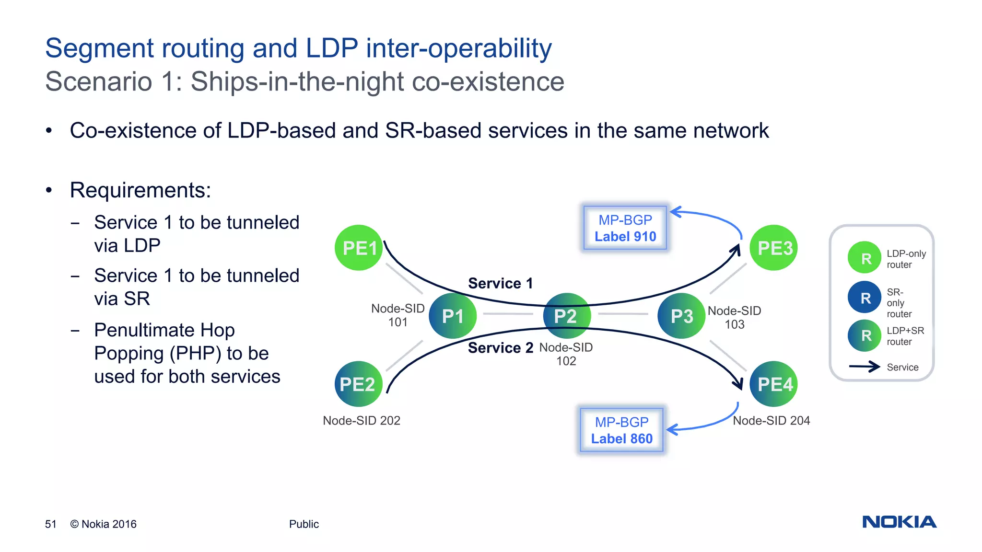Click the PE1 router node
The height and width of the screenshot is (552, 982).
pyautogui.click(x=359, y=248)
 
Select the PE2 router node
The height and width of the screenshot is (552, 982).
pyautogui.click(x=358, y=384)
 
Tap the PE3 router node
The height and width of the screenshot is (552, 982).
pyautogui.click(x=773, y=248)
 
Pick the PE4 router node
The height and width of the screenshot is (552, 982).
pyautogui.click(x=773, y=384)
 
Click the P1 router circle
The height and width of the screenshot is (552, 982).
pyautogui.click(x=453, y=316)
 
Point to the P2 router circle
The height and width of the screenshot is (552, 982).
pyautogui.click(x=566, y=316)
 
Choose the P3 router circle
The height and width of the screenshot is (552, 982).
pyautogui.click(x=681, y=316)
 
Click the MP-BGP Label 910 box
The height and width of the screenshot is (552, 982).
pyautogui.click(x=625, y=228)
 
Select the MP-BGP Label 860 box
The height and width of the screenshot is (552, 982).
pyautogui.click(x=621, y=430)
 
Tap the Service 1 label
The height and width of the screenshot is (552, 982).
pyautogui.click(x=500, y=283)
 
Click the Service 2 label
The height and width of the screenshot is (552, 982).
pyautogui.click(x=500, y=347)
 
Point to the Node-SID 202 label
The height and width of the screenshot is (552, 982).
pyautogui.click(x=362, y=420)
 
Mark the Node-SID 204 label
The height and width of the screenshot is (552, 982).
pyautogui.click(x=771, y=420)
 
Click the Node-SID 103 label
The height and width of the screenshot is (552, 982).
pyautogui.click(x=734, y=317)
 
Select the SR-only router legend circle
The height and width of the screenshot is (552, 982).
pyautogui.click(x=865, y=298)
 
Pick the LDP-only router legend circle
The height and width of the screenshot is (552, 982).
pyautogui.click(x=865, y=258)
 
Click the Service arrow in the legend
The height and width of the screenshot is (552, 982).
pyautogui.click(x=864, y=367)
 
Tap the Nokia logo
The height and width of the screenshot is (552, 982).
pyautogui.click(x=899, y=522)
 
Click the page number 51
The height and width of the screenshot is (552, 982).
pyautogui.click(x=51, y=524)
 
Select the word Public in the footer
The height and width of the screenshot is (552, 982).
pyautogui.click(x=304, y=524)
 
